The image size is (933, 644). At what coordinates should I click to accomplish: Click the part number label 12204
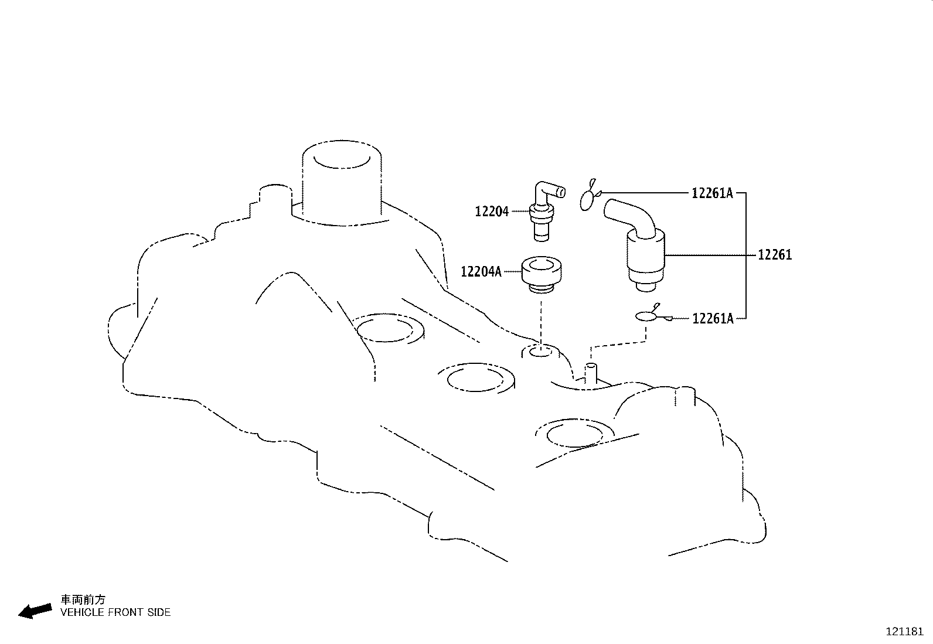(x=491, y=212)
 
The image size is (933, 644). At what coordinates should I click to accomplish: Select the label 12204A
(x=481, y=272)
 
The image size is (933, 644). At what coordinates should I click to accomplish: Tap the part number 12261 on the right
(x=774, y=255)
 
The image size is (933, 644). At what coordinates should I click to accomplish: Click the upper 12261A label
(x=712, y=193)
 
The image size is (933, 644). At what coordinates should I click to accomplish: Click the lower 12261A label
(x=713, y=318)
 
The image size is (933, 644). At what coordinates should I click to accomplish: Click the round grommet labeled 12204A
(x=541, y=274)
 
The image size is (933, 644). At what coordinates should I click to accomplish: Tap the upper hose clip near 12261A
(x=588, y=198)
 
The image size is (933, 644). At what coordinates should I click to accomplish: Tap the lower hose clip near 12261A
(x=648, y=316)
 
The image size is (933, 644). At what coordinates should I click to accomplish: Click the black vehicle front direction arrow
(x=35, y=611)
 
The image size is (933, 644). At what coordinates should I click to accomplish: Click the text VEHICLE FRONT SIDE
(x=115, y=612)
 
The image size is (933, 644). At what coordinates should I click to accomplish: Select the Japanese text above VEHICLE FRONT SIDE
(x=83, y=599)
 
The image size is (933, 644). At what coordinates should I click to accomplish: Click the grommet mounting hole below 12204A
(x=540, y=352)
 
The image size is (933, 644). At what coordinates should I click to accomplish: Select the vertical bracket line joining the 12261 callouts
(x=746, y=255)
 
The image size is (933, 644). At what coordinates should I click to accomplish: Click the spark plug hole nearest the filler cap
(x=389, y=328)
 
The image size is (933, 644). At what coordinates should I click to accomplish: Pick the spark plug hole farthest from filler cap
(x=574, y=434)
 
